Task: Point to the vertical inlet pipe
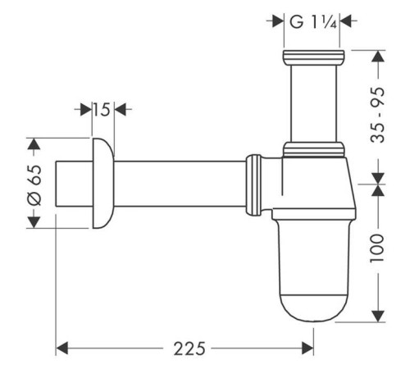pos(312,102)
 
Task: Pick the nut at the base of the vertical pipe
pos(312,150)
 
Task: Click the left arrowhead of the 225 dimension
pos(61,348)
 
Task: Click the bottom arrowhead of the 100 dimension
pos(376,317)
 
